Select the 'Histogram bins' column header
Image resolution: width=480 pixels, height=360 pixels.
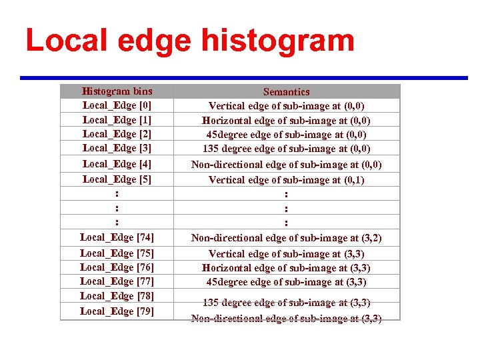point(117,91)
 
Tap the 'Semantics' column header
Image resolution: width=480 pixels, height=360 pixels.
point(286,92)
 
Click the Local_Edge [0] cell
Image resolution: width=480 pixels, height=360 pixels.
point(117,105)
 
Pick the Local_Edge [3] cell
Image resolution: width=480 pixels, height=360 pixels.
point(117,148)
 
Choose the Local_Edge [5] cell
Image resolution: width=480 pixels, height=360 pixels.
point(117,179)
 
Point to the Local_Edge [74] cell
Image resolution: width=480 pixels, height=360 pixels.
point(117,237)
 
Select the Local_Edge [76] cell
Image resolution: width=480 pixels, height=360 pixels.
point(117,267)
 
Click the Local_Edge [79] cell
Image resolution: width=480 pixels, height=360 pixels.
point(117,311)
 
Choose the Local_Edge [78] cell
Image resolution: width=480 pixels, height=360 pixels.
point(117,296)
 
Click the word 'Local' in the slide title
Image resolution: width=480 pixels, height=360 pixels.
point(67,41)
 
